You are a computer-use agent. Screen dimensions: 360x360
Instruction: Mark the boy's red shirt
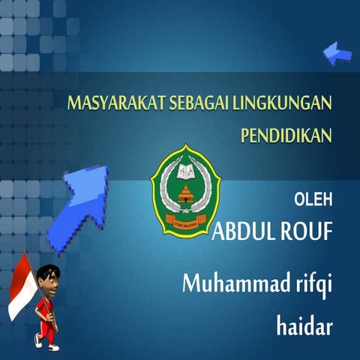[48, 306]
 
